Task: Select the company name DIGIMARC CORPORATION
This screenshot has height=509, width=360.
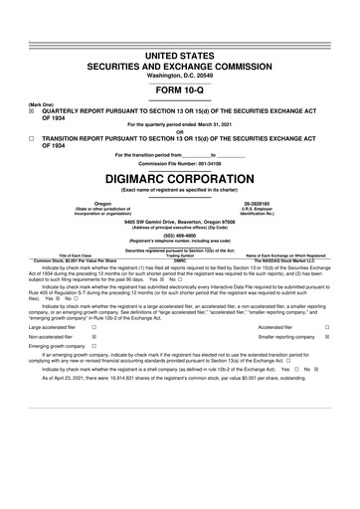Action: (180, 177)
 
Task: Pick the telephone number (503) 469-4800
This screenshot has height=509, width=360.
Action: (180, 235)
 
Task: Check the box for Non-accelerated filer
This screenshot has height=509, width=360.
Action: (93, 338)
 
